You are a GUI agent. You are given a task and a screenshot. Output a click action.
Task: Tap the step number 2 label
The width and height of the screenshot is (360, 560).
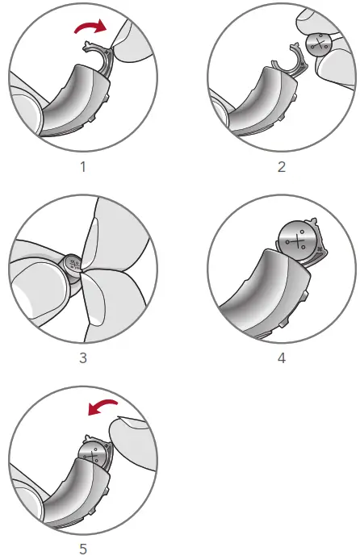coord(282,168)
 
